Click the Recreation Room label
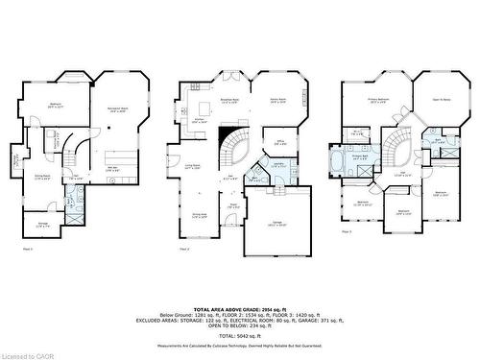(x=118, y=109)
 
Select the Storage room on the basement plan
(x=39, y=227)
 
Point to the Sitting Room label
(x=43, y=177)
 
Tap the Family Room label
(x=279, y=100)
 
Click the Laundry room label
(x=276, y=165)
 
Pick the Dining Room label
(x=199, y=216)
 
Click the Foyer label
(x=233, y=204)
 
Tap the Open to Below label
(x=443, y=100)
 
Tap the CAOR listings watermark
(x=20, y=353)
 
